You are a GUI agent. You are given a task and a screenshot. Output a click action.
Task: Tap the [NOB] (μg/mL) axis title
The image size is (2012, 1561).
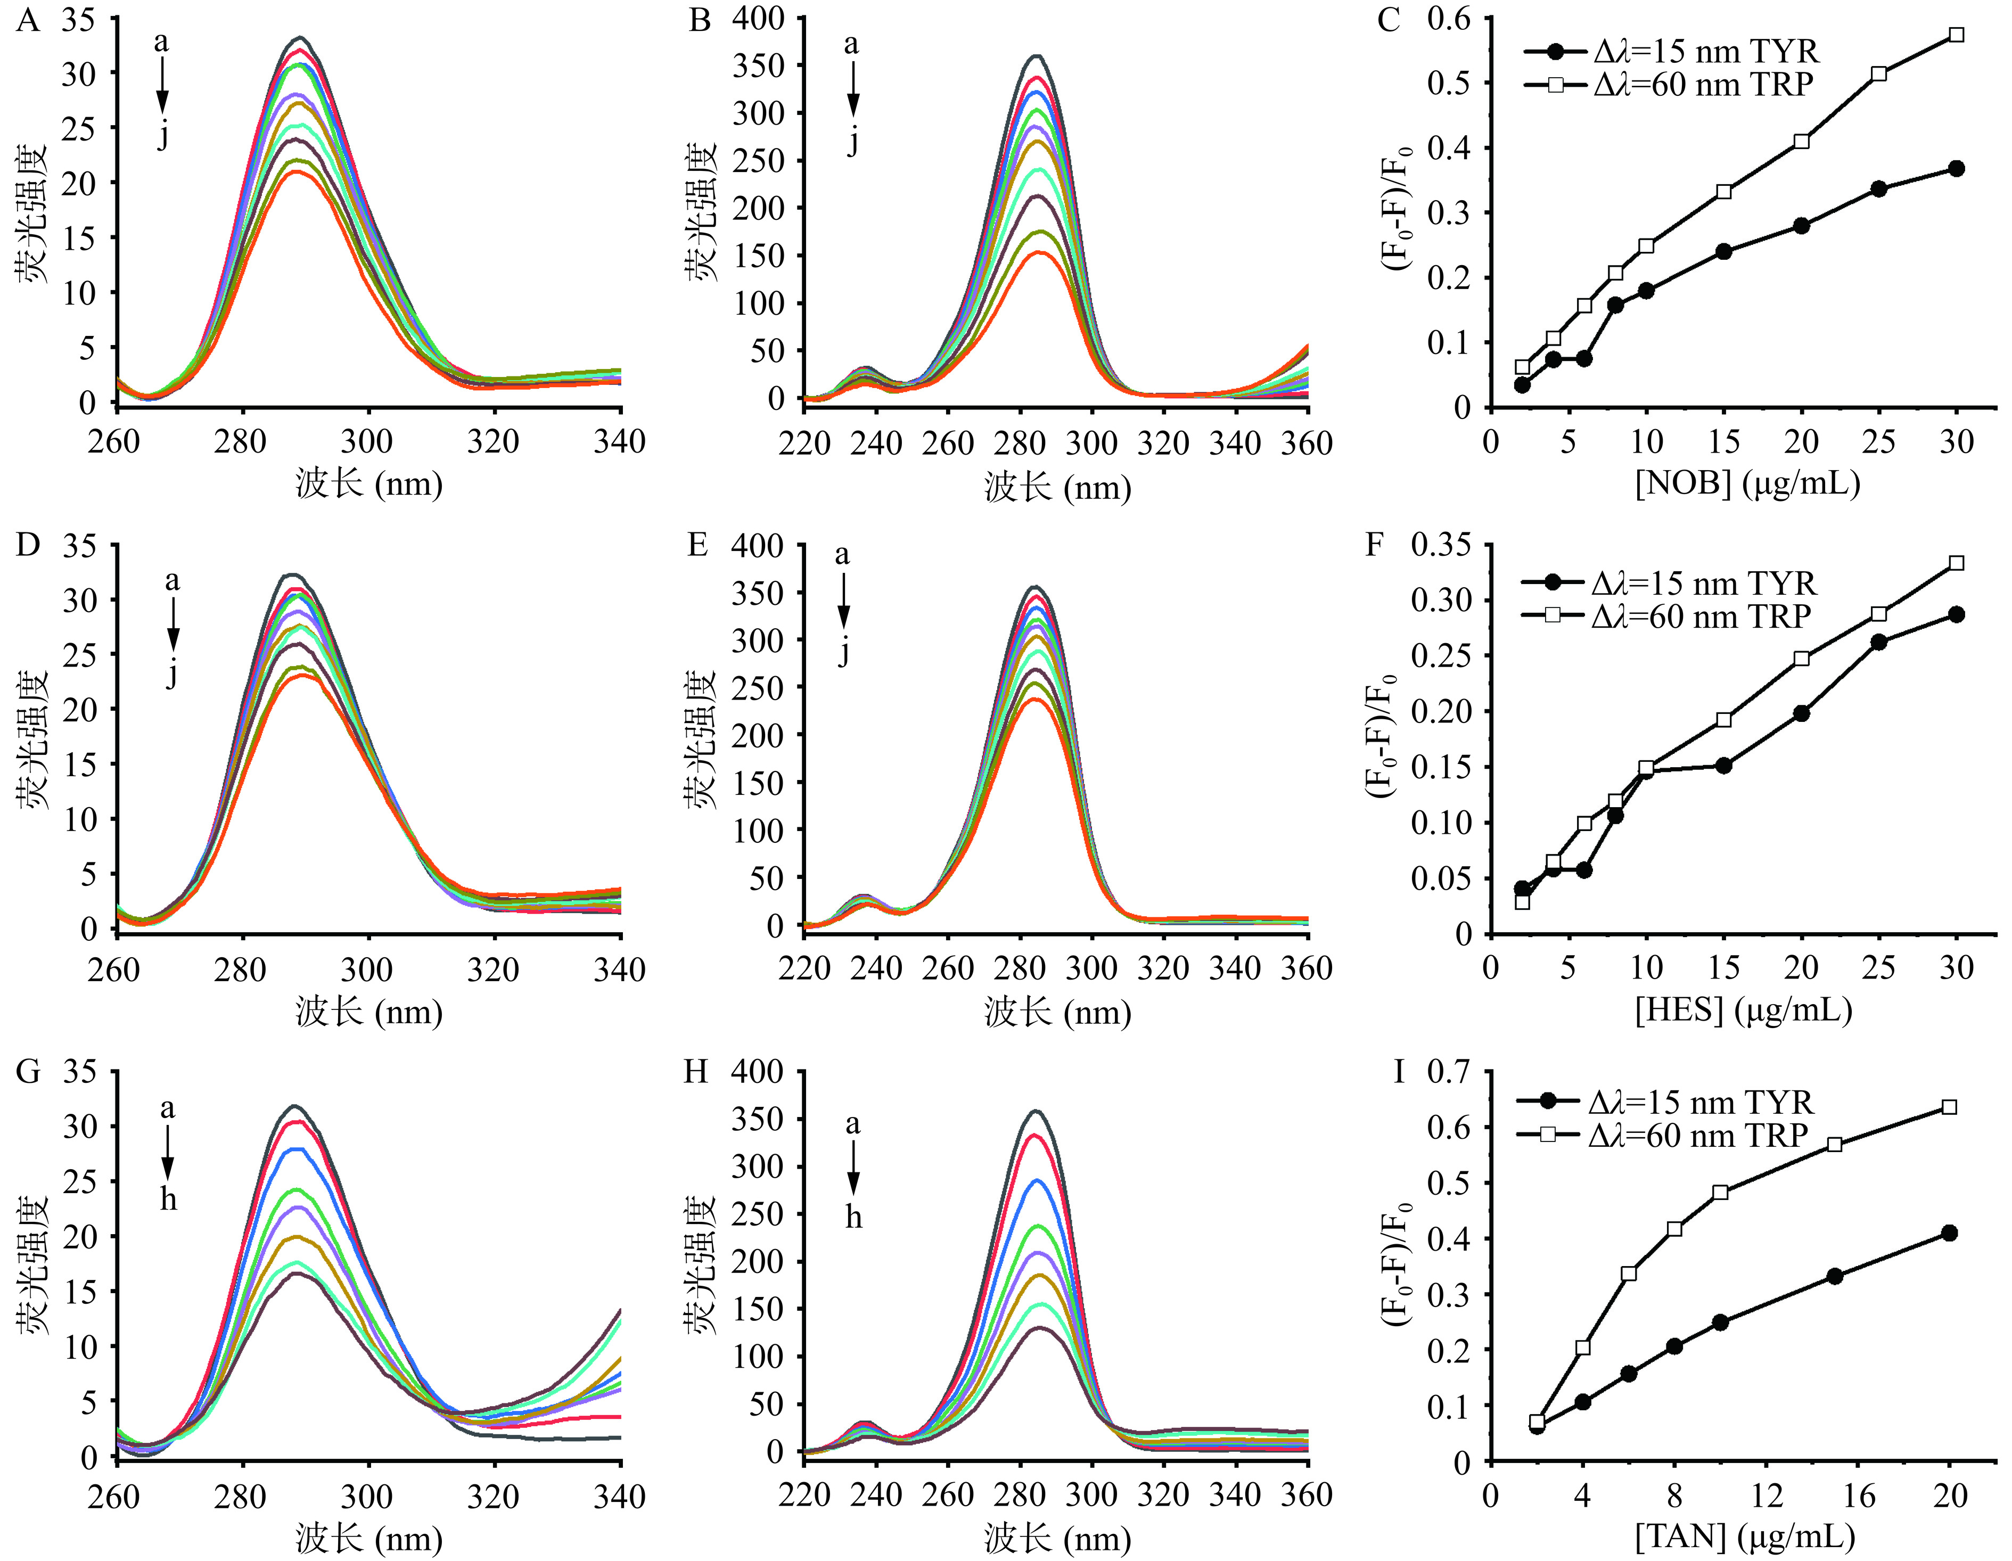point(1747,482)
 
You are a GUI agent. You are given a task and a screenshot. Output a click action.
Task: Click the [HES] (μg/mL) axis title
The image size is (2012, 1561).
point(1743,1010)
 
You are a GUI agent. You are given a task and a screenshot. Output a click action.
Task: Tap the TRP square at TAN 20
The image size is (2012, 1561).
point(1949,1107)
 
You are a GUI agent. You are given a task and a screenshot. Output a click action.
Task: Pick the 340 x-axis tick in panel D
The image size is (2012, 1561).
point(619,968)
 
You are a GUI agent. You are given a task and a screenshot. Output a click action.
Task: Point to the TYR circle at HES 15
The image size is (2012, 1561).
point(1723,765)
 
